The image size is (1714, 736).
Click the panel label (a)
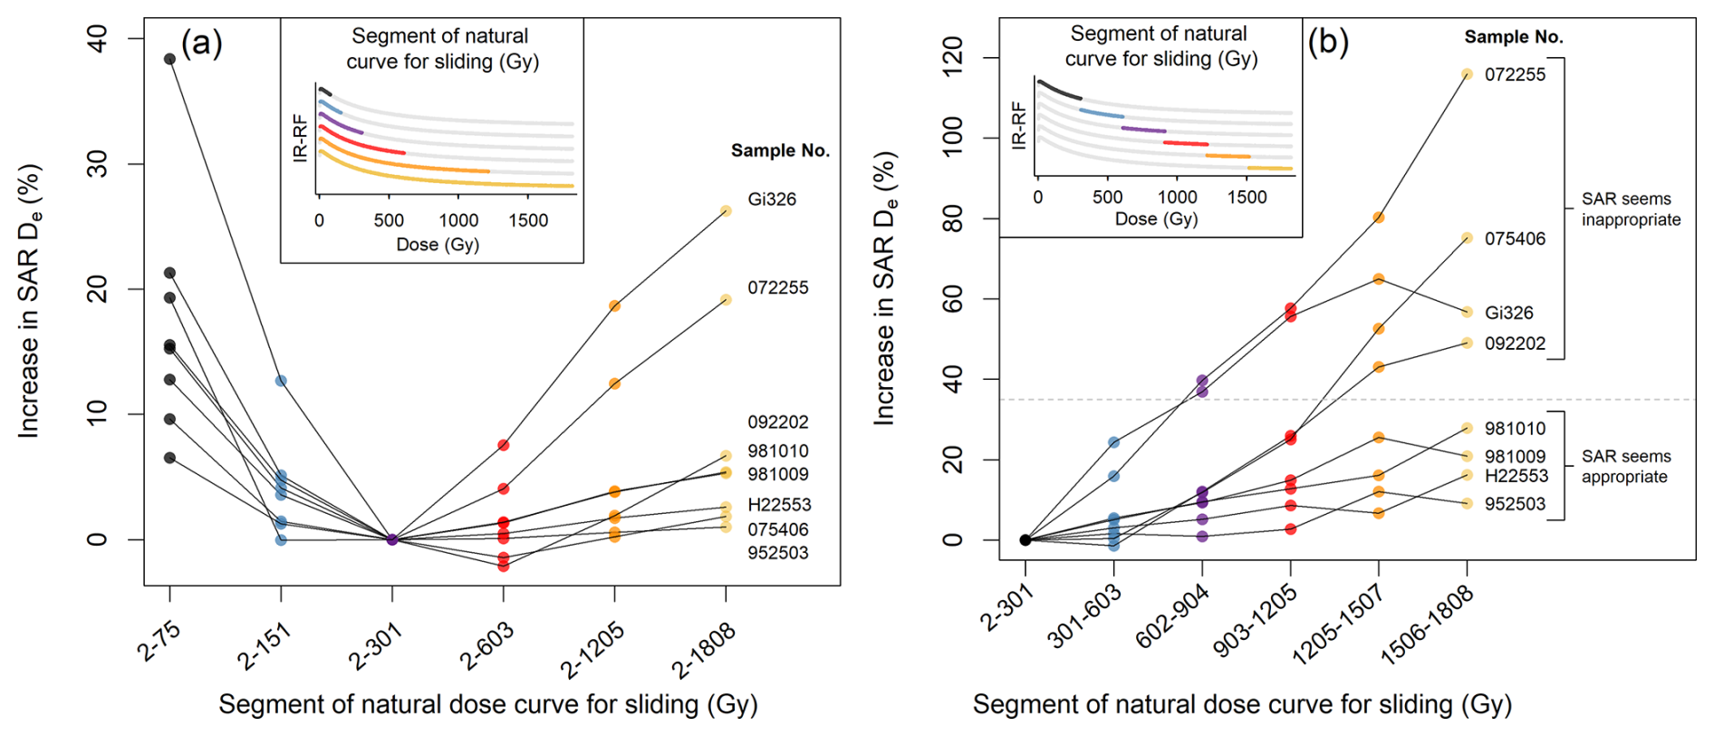pos(201,44)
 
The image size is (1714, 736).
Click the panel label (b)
pos(1328,42)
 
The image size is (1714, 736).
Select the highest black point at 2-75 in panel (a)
pos(169,59)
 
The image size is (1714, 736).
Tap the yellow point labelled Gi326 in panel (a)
pos(726,211)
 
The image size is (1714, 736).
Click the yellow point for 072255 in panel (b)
pos(1467,74)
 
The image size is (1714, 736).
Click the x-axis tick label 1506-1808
pos(1427,637)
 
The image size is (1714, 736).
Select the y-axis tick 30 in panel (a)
pos(97,164)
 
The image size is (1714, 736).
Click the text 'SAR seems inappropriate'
pos(1631,209)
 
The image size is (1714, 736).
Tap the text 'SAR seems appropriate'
pos(1626,467)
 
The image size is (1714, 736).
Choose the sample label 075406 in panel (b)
pos(1515,239)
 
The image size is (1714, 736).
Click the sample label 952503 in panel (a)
pos(777,553)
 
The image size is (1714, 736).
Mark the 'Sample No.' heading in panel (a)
pos(780,150)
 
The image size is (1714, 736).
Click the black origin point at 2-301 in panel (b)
pos(1026,540)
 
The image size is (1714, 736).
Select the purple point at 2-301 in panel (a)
pos(392,539)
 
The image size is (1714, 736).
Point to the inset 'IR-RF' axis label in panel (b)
pos(1019,126)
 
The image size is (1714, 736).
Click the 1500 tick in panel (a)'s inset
pos(528,220)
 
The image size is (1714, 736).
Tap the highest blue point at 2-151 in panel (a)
pos(281,381)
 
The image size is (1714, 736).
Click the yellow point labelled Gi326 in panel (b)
pos(1467,312)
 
